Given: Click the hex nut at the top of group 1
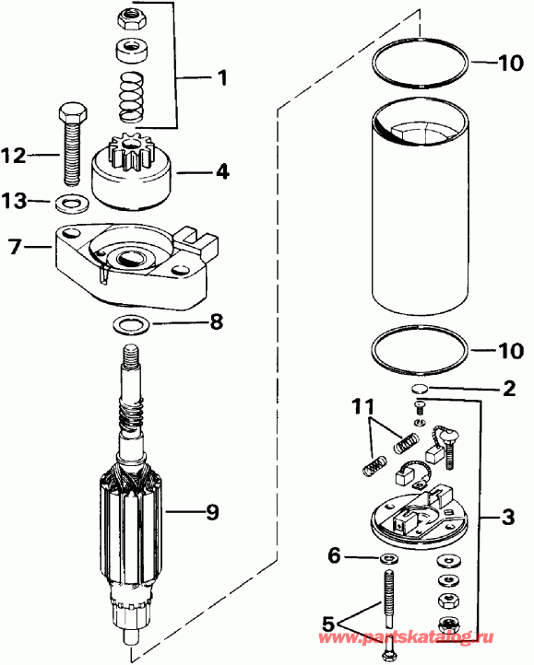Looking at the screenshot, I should point(129,16).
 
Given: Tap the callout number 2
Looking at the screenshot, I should point(508,389).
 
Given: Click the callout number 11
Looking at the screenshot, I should point(362,406).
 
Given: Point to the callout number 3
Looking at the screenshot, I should point(508,519).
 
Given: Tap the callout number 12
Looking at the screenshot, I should point(15,157).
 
